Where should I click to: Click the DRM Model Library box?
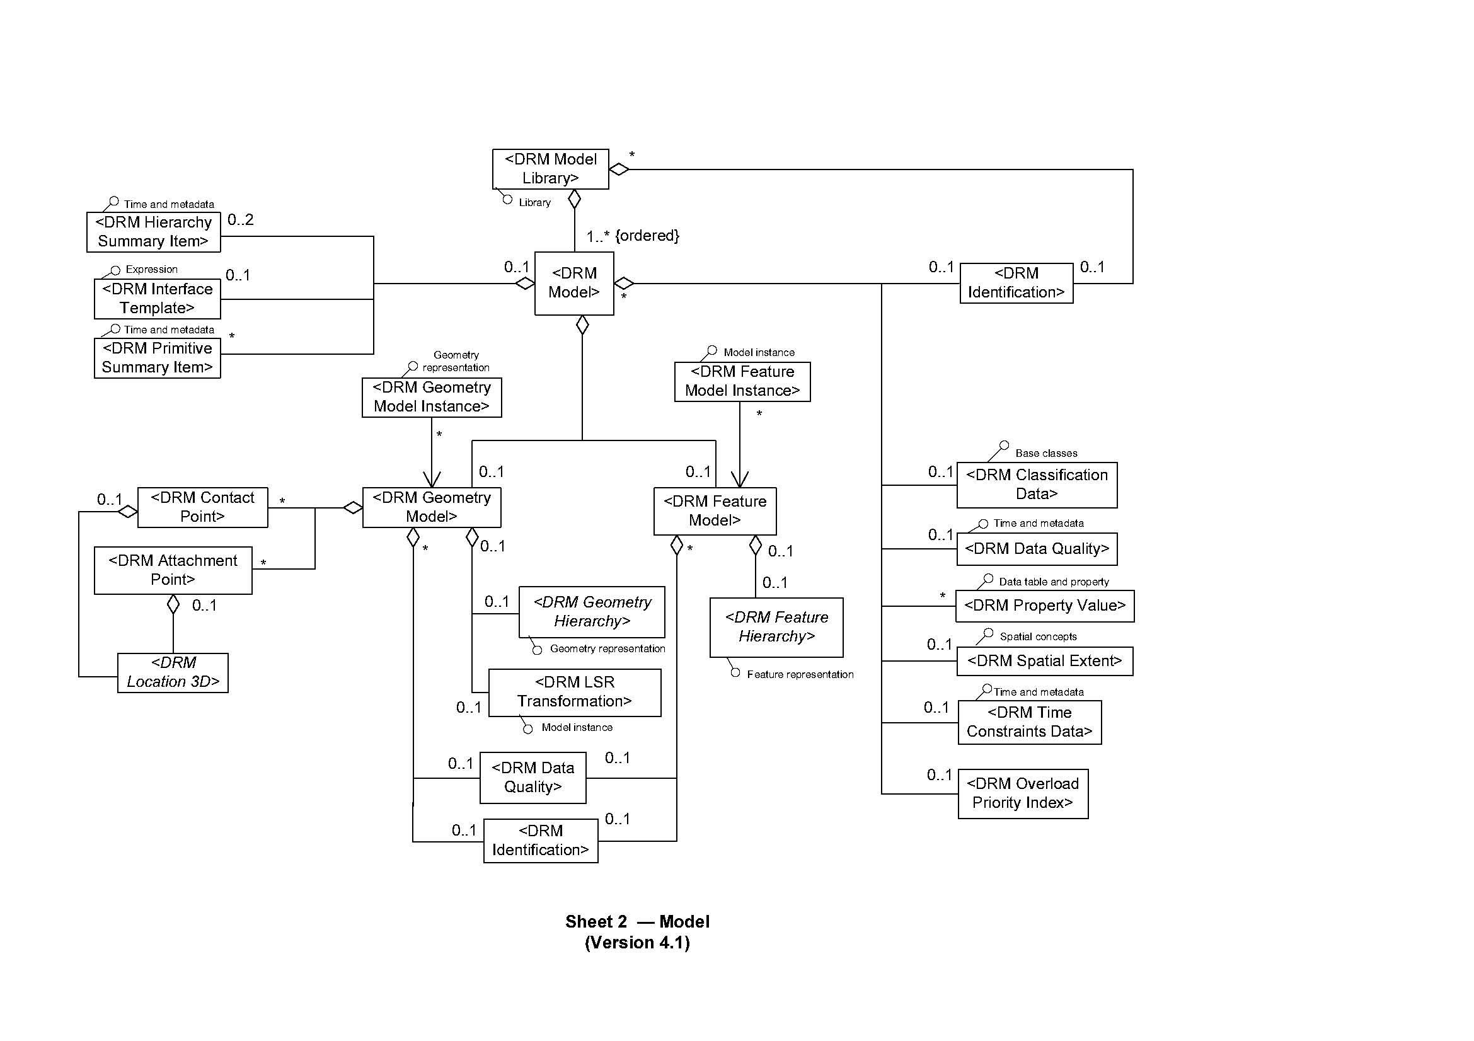tap(550, 169)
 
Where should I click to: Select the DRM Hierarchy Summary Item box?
tap(153, 232)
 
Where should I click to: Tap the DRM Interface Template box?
tap(158, 299)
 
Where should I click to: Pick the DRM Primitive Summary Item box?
tap(158, 357)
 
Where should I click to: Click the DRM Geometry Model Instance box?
tap(432, 397)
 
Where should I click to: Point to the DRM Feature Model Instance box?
tap(742, 381)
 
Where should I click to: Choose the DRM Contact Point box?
tap(202, 507)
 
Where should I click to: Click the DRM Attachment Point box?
tap(173, 570)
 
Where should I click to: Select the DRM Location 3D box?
tap(173, 672)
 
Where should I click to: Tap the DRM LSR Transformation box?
tap(575, 692)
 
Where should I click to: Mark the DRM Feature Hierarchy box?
tap(776, 627)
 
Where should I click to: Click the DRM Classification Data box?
tap(1036, 485)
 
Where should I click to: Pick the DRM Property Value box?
tap(1044, 606)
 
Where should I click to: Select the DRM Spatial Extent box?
tap(1044, 661)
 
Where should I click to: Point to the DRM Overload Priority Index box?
tap(1023, 793)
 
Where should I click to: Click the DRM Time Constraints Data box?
tap(1029, 722)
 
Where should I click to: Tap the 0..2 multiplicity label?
tap(241, 220)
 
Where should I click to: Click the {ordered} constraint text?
tap(647, 236)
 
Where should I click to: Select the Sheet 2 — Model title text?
tap(637, 922)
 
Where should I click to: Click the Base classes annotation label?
tap(1046, 453)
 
